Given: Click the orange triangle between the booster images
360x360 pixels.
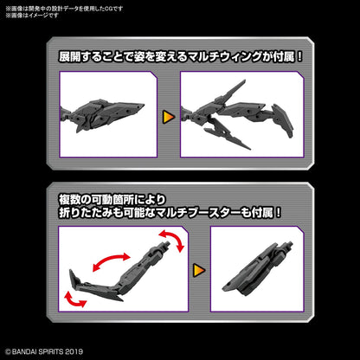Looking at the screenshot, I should pos(199,268).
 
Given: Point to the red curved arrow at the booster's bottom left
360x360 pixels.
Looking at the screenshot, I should pos(74,299).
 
